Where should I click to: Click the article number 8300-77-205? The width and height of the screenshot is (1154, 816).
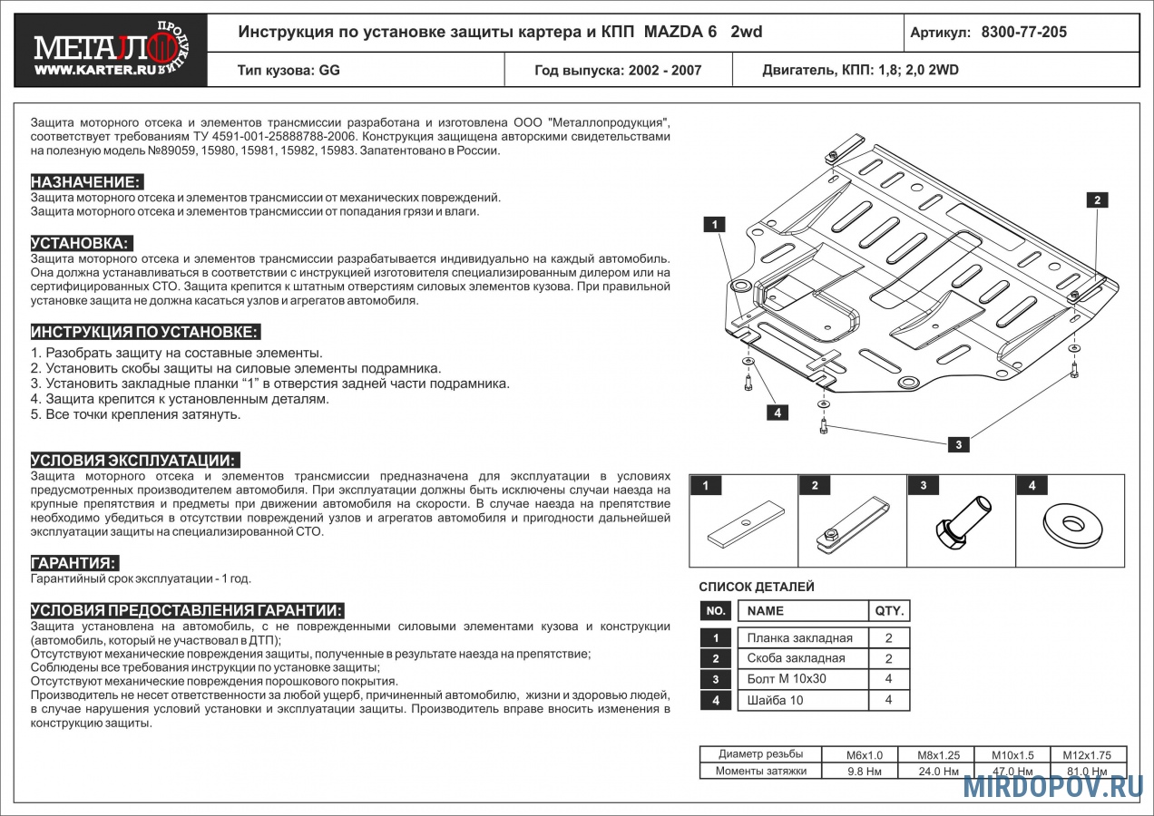click(1023, 33)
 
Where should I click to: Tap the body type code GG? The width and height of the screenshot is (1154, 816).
click(329, 70)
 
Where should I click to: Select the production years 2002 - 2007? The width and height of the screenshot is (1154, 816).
click(664, 70)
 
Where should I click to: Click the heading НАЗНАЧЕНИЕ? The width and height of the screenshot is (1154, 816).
click(87, 181)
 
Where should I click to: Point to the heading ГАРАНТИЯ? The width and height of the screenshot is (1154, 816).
click(74, 562)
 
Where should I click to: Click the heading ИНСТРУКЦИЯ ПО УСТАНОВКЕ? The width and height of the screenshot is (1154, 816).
click(145, 331)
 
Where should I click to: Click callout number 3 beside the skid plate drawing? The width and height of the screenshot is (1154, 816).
click(958, 444)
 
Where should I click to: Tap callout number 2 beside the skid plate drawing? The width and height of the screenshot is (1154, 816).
click(1097, 200)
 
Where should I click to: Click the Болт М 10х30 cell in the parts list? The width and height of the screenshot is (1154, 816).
click(787, 679)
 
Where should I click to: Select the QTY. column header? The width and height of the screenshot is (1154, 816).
click(888, 611)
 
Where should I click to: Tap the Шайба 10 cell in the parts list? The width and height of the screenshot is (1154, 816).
click(775, 700)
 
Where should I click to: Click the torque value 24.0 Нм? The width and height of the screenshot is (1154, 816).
click(939, 772)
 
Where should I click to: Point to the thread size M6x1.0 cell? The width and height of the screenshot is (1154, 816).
click(864, 755)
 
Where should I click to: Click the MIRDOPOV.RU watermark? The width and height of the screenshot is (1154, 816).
click(1052, 787)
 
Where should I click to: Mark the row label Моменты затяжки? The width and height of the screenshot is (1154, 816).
click(760, 772)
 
